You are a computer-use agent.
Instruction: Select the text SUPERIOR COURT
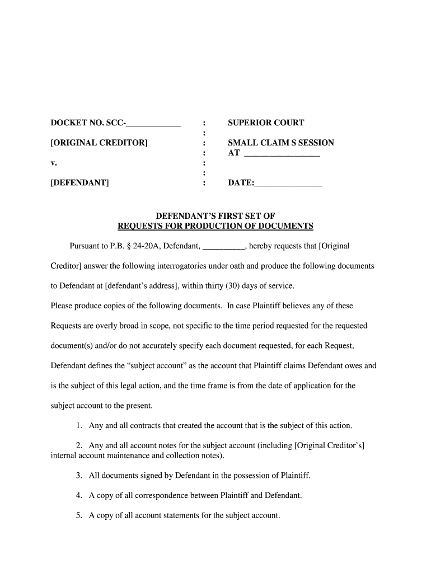point(266,123)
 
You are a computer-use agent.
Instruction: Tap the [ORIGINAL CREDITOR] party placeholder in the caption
point(99,143)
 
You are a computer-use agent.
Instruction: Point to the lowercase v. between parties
point(54,163)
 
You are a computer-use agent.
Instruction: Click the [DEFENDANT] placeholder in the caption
point(79,182)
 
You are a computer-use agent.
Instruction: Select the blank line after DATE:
point(288,184)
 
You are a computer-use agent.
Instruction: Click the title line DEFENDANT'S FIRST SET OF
point(215,216)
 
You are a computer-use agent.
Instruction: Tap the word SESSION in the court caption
point(315,143)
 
